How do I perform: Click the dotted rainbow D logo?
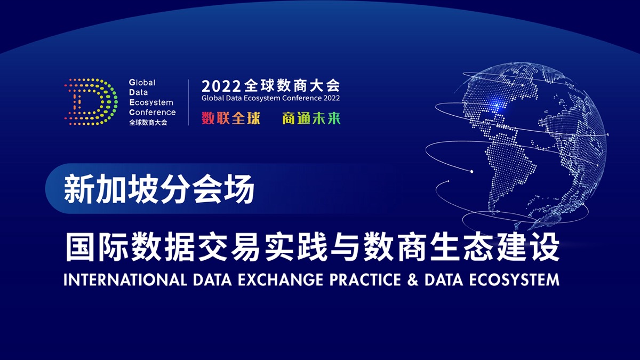[x=91, y=102]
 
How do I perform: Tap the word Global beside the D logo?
[x=142, y=83]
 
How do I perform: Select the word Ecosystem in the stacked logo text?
[x=151, y=102]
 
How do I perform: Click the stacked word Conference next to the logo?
[x=153, y=113]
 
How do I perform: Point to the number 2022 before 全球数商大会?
[x=221, y=86]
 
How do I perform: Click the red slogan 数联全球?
[x=231, y=118]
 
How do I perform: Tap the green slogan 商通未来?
[x=311, y=118]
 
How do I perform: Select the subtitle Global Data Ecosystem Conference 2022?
[x=270, y=98]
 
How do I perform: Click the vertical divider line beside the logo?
[x=189, y=102]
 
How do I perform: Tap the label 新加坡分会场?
[x=159, y=189]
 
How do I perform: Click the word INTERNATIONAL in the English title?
[x=125, y=279]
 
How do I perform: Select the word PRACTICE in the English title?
[x=365, y=279]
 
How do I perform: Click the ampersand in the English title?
[x=413, y=279]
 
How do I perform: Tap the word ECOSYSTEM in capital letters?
[x=514, y=279]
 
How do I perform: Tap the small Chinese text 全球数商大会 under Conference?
[x=148, y=123]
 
